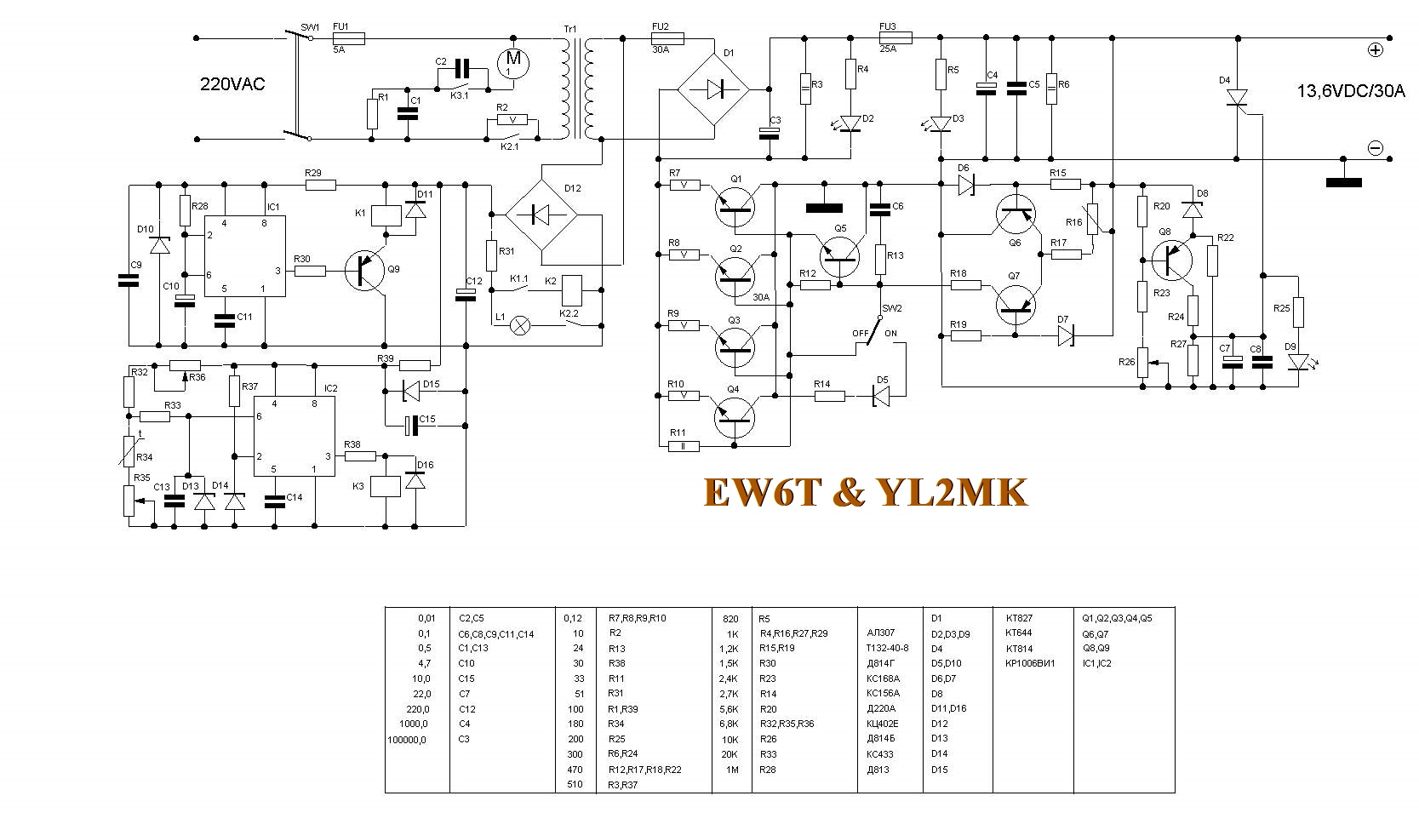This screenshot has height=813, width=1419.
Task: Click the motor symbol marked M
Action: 512,60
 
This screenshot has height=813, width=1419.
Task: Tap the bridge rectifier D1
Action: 712,88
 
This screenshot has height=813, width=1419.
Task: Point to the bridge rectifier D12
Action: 541,215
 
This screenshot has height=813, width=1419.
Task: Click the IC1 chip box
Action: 243,256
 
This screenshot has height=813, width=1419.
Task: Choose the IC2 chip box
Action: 294,435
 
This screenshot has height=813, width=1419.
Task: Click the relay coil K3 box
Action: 387,486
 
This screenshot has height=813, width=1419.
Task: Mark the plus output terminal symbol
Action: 1376,49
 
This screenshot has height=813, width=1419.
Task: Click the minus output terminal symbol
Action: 1375,148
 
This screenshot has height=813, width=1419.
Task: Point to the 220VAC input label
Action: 232,84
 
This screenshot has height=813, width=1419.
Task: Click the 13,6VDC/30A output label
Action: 1350,91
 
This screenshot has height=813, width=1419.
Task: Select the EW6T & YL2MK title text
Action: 866,493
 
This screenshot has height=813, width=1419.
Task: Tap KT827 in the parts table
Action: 1018,618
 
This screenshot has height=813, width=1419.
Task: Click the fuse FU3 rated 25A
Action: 895,37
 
